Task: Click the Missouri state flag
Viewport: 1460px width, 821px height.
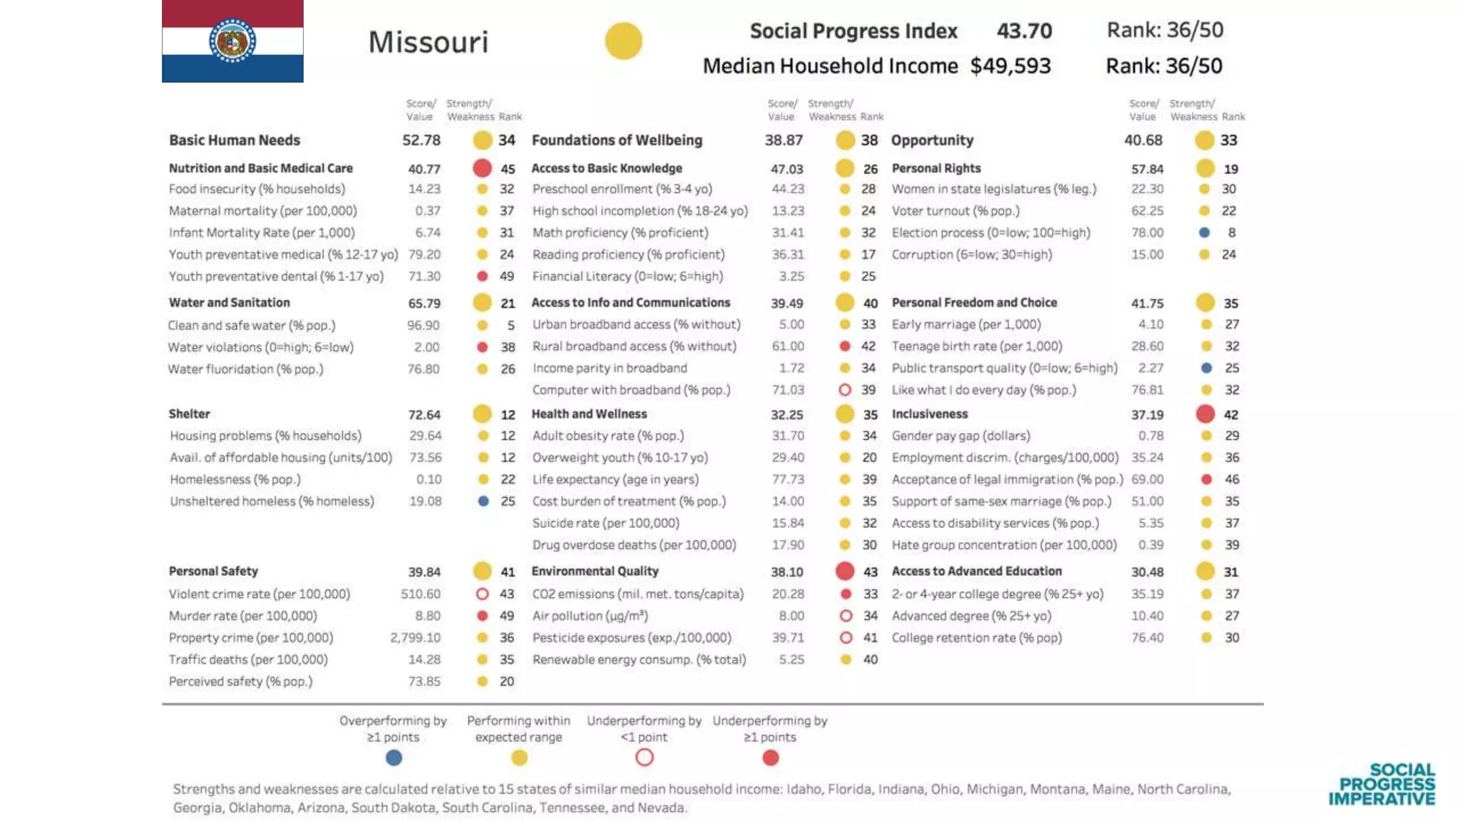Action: [x=232, y=41]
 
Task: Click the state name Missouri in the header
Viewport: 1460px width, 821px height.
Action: [x=428, y=42]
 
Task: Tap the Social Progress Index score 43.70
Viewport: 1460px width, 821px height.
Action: [x=1024, y=31]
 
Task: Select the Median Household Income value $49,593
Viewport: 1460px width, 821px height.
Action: [x=1010, y=66]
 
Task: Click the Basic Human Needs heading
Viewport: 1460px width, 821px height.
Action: [x=235, y=140]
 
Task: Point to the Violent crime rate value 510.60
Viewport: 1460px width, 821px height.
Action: [x=421, y=594]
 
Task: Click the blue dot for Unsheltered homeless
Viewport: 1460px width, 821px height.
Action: [x=483, y=501]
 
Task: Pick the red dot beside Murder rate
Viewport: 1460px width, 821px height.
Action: [x=483, y=616]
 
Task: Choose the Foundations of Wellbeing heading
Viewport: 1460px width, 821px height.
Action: [x=617, y=140]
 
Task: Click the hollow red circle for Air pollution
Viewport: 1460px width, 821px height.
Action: [x=845, y=616]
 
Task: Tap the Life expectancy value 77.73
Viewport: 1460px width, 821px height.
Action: [x=788, y=480]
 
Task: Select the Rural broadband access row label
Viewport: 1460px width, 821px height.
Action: [x=634, y=346]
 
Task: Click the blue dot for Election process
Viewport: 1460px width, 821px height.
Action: [x=1204, y=232]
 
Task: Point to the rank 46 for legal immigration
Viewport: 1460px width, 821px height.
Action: [x=1232, y=480]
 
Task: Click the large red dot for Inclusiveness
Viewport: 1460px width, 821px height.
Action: [x=1205, y=414]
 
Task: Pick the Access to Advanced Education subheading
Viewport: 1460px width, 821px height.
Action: [x=977, y=572]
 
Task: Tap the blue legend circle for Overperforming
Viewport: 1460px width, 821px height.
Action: [x=394, y=758]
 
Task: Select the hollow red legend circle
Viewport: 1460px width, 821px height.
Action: [x=644, y=758]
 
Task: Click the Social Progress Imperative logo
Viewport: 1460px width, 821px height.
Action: [x=1382, y=784]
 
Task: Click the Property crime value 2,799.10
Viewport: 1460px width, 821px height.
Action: [x=415, y=638]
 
